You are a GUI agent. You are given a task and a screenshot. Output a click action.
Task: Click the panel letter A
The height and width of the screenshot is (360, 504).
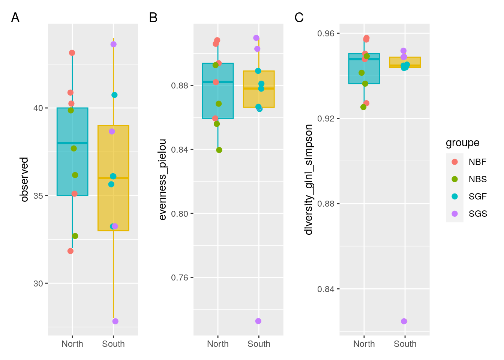coord(15,18)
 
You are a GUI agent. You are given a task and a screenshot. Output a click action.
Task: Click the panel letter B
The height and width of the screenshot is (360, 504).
coord(153,18)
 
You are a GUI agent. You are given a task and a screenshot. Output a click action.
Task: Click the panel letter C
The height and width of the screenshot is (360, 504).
coord(299,18)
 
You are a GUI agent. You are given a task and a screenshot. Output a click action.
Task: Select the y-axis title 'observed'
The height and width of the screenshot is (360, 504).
coord(25,179)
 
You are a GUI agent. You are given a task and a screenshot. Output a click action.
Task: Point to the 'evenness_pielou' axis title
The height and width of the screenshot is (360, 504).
coord(162,179)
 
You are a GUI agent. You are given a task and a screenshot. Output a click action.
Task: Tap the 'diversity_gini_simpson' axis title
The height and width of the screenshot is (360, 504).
coord(309,179)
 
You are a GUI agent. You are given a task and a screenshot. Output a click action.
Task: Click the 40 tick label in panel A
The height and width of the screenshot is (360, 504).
coord(38,108)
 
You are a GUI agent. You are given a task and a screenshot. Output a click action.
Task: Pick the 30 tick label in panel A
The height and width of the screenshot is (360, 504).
coord(38,283)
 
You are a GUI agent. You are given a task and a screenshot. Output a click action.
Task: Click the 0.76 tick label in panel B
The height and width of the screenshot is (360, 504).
coord(180,278)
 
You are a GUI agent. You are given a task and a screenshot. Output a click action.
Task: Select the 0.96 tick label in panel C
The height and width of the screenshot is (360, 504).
coord(325,34)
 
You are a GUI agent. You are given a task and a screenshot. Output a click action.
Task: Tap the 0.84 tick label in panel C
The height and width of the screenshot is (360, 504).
coord(325,289)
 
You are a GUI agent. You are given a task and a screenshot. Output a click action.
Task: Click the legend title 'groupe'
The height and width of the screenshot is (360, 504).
coord(462,143)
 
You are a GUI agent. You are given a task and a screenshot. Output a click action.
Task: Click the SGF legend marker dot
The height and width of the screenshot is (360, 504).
coord(454,196)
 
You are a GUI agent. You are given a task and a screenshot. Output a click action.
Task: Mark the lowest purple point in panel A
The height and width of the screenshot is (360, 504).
coord(115,321)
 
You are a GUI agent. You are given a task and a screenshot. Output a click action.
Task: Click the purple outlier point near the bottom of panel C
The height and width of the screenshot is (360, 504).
coord(404,321)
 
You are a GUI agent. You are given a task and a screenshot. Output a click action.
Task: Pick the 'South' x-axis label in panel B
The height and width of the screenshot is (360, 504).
coord(259,344)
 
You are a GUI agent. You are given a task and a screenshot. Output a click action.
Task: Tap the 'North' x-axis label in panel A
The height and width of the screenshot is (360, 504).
coord(72,344)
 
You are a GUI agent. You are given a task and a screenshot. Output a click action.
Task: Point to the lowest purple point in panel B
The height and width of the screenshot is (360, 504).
coord(258,321)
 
